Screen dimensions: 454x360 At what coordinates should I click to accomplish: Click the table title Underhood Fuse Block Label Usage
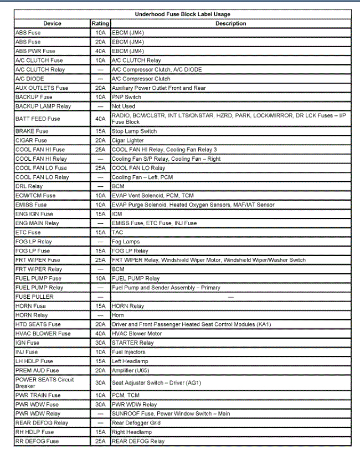[183, 14]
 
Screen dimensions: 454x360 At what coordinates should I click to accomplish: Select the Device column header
[52, 24]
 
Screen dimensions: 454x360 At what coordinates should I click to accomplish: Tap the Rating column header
[100, 24]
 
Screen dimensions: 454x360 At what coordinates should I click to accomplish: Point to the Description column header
[231, 24]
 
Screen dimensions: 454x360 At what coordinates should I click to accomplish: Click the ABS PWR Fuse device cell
[35, 51]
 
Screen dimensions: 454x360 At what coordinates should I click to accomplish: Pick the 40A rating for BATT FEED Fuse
[100, 119]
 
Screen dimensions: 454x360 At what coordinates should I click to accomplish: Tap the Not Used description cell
[124, 106]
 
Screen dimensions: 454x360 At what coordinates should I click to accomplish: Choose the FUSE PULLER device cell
[34, 297]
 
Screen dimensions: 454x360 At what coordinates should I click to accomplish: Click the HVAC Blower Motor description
[137, 334]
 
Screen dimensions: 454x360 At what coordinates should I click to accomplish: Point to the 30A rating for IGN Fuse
[100, 343]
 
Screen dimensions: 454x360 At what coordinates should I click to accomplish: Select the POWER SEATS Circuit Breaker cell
[44, 382]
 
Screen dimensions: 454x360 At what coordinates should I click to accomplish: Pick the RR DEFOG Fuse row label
[37, 441]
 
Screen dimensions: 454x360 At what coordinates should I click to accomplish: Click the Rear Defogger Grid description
[136, 423]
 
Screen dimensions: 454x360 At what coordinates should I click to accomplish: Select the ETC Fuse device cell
[28, 232]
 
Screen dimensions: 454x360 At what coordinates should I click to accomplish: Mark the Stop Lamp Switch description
[134, 131]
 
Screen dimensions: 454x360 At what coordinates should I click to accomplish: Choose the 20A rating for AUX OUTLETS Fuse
[100, 88]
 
